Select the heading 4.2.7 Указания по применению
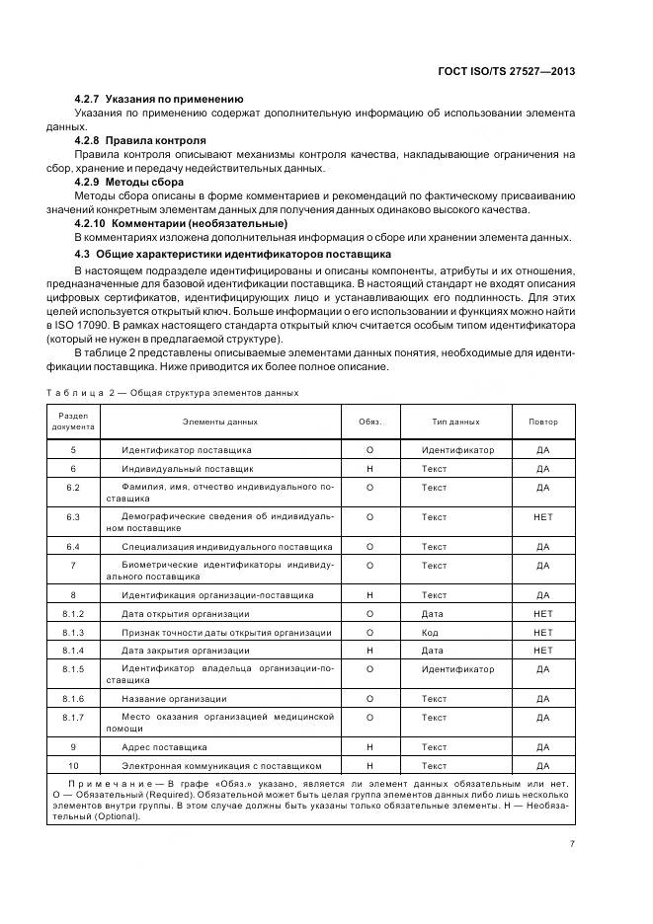159,99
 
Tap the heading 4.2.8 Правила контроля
140,140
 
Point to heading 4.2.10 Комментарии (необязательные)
182,224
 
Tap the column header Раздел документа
74,422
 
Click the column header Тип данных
455,422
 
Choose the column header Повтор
542,422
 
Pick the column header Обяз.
369,422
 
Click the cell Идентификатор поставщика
186,450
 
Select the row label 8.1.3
74,632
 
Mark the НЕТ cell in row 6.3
542,517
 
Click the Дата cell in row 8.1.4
432,651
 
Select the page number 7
572,844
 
